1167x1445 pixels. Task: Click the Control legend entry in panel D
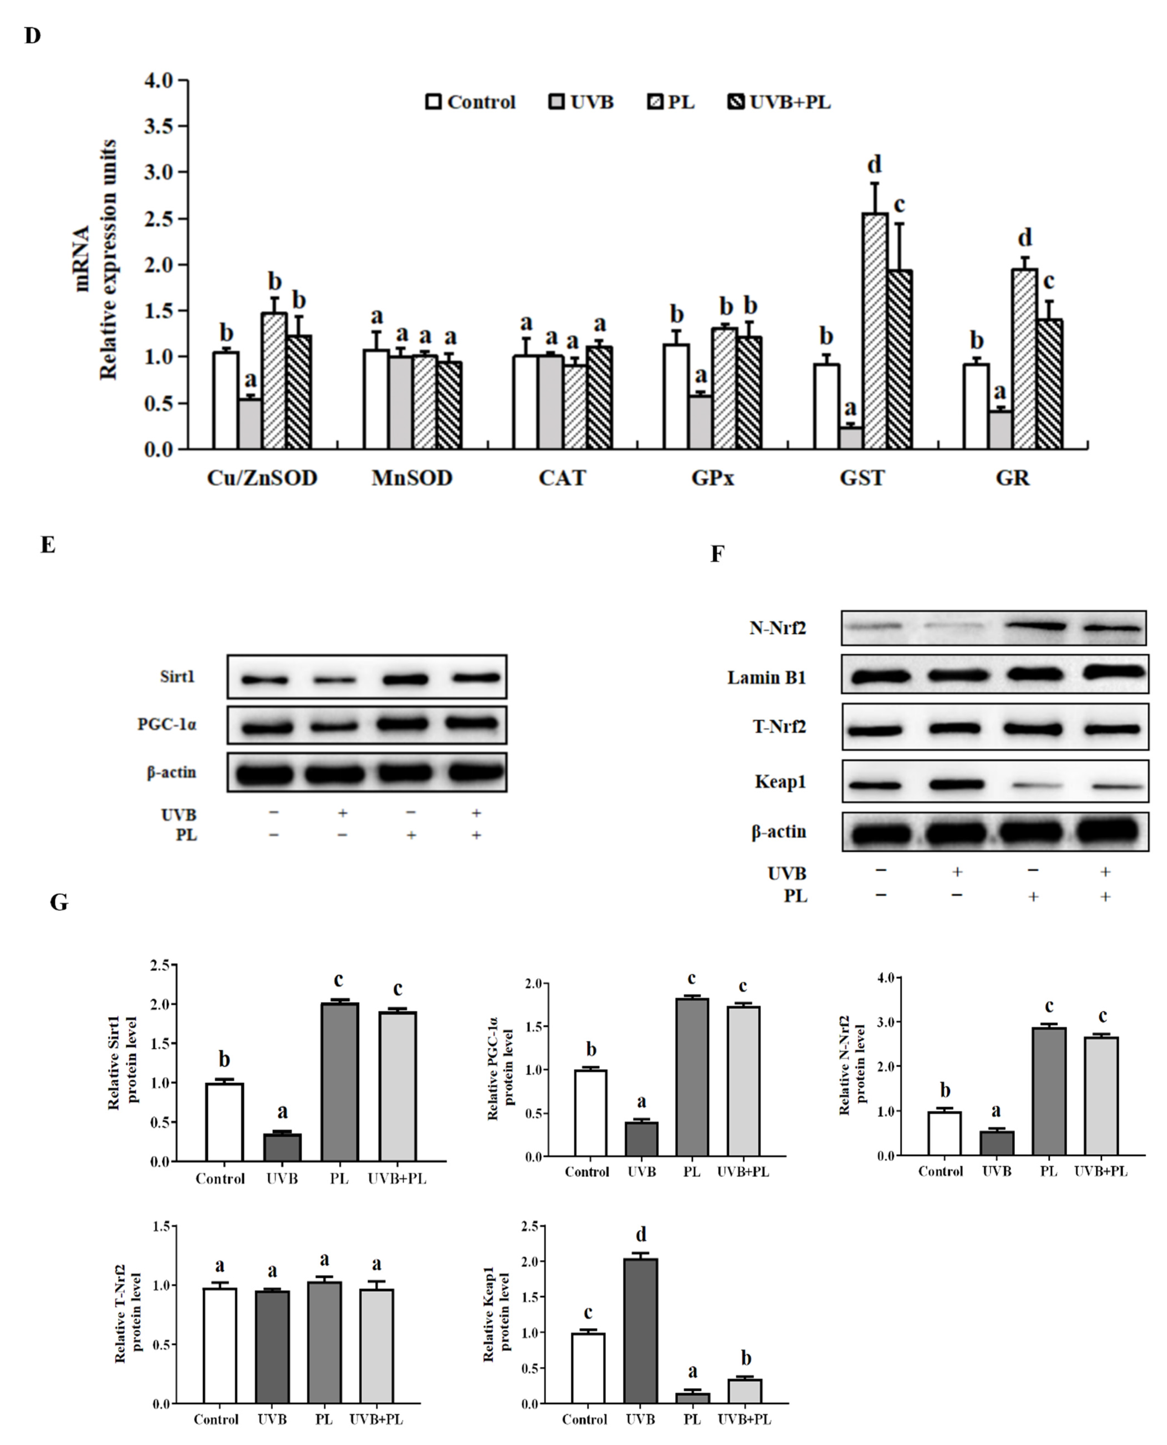470,102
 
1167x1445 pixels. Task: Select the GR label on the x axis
1012,478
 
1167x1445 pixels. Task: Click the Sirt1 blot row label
177,676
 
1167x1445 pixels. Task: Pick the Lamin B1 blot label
766,677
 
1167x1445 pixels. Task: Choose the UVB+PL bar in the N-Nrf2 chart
1101,1095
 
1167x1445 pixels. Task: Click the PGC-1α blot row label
167,725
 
